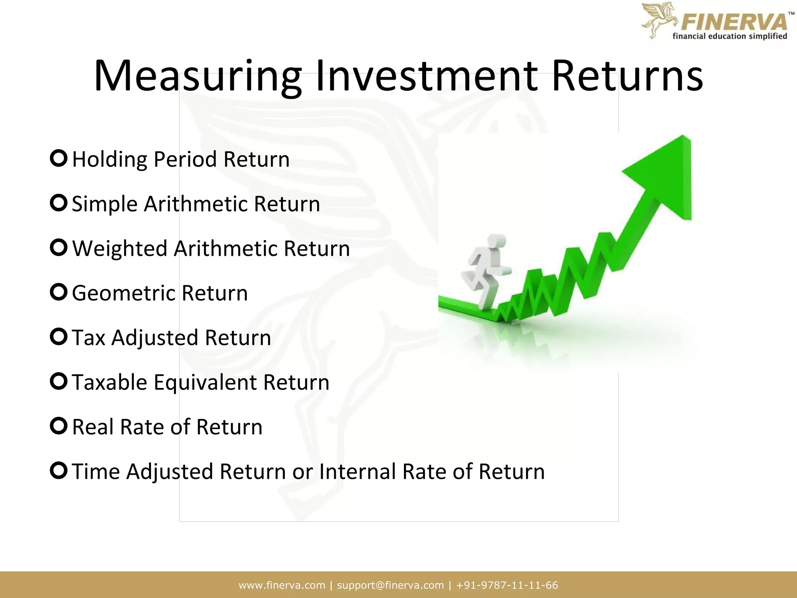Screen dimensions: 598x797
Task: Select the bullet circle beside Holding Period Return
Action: (59, 158)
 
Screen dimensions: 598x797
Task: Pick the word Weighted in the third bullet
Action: (119, 248)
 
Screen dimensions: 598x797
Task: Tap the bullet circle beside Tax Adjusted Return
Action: (59, 337)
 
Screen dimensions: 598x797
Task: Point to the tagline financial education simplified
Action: (730, 37)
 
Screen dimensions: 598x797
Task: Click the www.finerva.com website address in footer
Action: (282, 585)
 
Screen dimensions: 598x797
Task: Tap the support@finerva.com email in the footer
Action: (390, 585)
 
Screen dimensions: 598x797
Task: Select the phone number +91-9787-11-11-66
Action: (507, 585)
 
